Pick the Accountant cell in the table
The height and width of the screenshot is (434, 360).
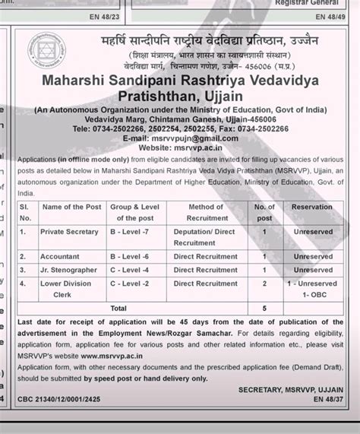pyautogui.click(x=62, y=257)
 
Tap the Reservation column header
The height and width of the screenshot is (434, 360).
pyautogui.click(x=312, y=207)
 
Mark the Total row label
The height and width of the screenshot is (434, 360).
pyautogui.click(x=118, y=309)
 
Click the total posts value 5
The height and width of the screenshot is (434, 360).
pyautogui.click(x=264, y=309)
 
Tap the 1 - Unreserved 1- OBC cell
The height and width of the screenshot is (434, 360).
pyautogui.click(x=312, y=288)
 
